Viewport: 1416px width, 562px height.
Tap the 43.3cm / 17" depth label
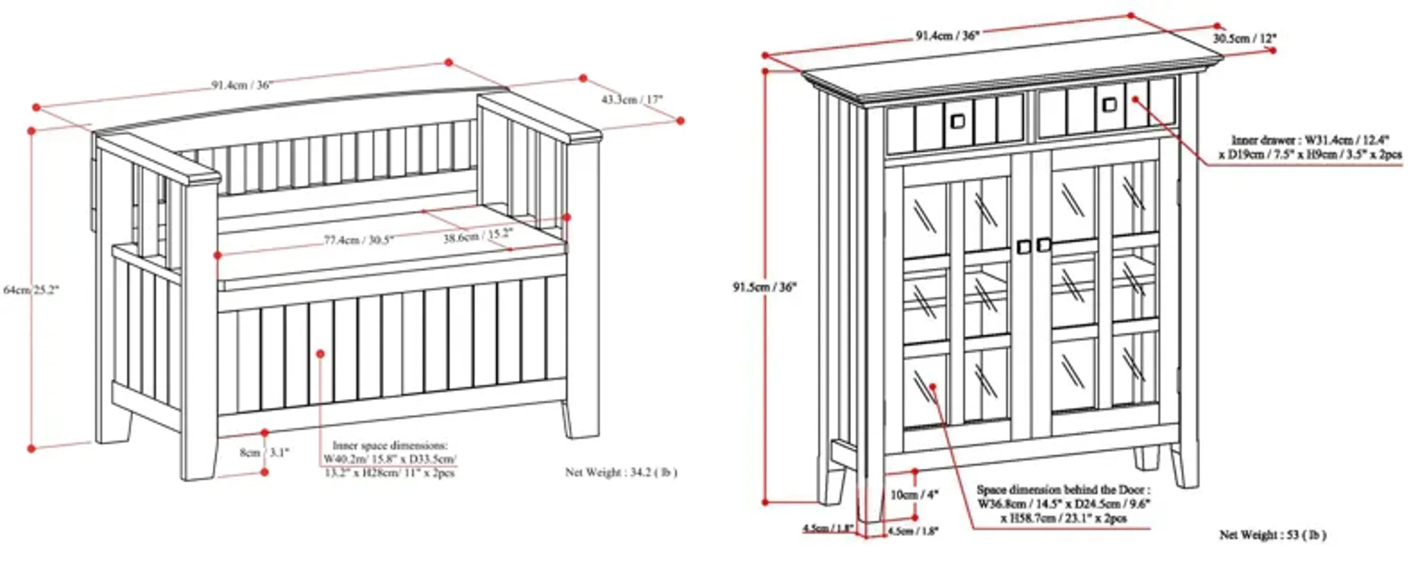pyautogui.click(x=632, y=100)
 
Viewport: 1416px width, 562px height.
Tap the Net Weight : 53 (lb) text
pyautogui.click(x=1273, y=534)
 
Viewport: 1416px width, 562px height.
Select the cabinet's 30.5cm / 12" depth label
pyautogui.click(x=1245, y=38)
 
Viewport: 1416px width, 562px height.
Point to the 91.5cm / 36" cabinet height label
pyautogui.click(x=764, y=287)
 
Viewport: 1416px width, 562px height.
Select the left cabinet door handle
pyautogui.click(x=1024, y=247)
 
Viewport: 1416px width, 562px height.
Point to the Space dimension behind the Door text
pyautogui.click(x=1063, y=489)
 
